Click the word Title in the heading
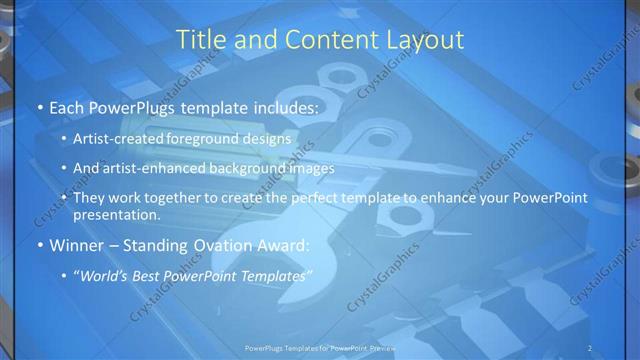point(198,40)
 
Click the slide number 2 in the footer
point(591,348)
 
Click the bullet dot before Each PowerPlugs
point(39,107)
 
